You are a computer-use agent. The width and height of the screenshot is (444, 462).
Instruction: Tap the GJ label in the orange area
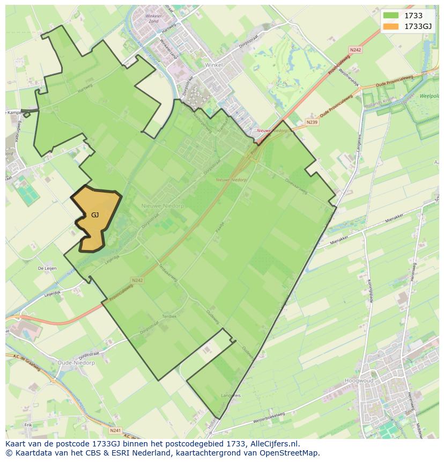pos(95,215)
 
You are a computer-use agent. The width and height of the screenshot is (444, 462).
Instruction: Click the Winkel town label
pos(213,64)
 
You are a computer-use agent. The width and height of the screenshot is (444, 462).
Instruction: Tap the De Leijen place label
pos(47,268)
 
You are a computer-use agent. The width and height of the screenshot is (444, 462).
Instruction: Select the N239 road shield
pos(312,122)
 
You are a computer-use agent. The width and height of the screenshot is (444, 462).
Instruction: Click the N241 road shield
pos(114,430)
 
